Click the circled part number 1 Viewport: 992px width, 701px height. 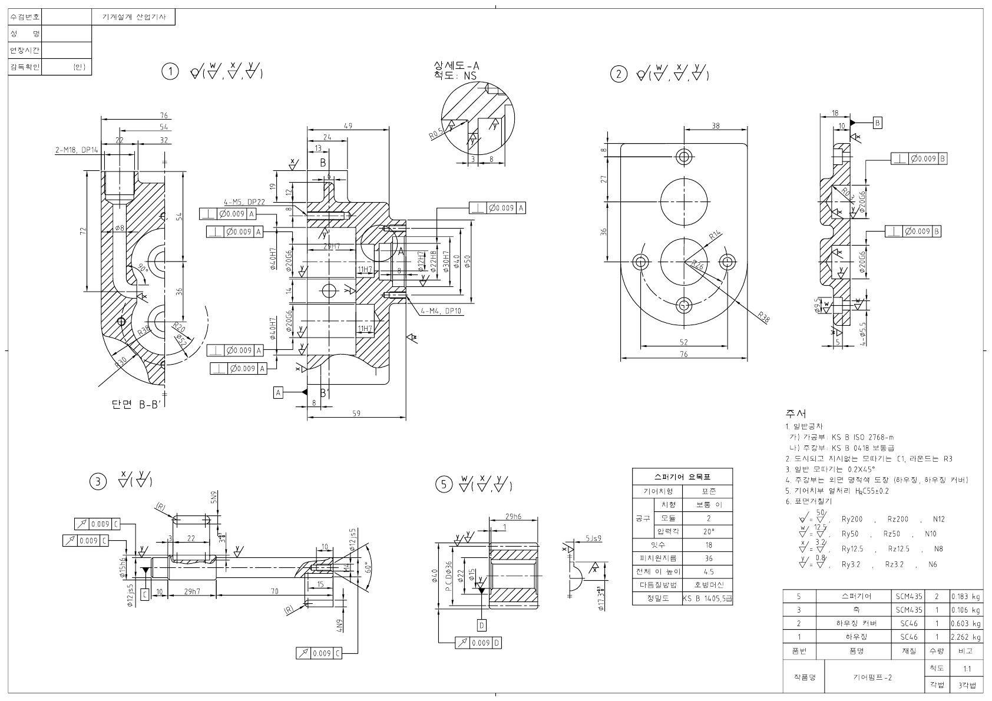pyautogui.click(x=170, y=72)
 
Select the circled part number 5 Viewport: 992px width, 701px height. pyautogui.click(x=444, y=484)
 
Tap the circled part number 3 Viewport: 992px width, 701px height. pyautogui.click(x=98, y=482)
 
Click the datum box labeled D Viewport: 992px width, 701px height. pyautogui.click(x=481, y=624)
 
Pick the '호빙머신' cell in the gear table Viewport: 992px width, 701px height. pyautogui.click(x=709, y=585)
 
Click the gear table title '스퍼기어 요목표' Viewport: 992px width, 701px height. pyautogui.click(x=683, y=477)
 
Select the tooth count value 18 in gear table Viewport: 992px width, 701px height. pyautogui.click(x=708, y=545)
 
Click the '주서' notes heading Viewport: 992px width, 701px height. pyautogui.click(x=795, y=414)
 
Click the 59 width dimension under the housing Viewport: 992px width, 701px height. pyautogui.click(x=356, y=414)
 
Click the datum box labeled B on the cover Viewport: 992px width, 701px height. pyautogui.click(x=877, y=123)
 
